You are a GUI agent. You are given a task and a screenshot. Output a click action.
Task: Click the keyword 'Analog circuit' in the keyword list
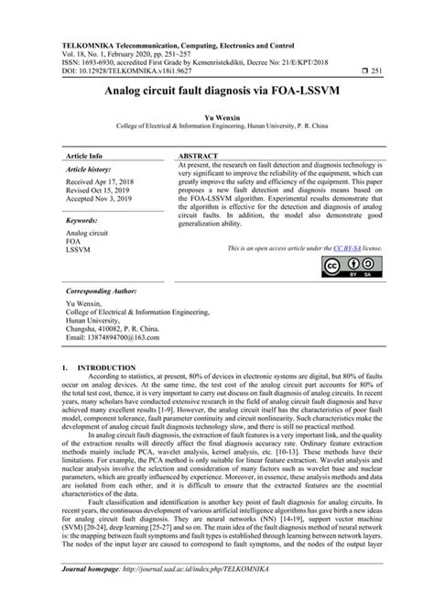click(87, 234)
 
